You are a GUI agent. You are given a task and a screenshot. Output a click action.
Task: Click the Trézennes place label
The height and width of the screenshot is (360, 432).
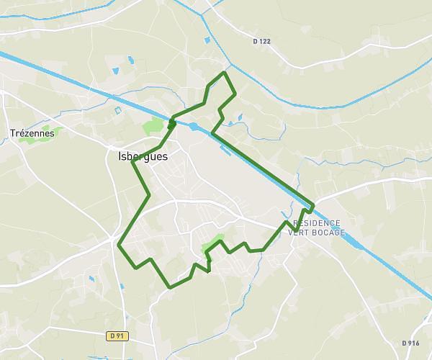pyautogui.click(x=32, y=132)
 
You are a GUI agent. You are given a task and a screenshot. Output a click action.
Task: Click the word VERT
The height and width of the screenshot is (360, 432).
pyautogui.click(x=299, y=233)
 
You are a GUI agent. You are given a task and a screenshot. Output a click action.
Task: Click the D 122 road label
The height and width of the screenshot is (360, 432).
pyautogui.click(x=262, y=41)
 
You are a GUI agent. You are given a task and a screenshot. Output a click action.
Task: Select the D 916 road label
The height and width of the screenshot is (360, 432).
pyautogui.click(x=410, y=343)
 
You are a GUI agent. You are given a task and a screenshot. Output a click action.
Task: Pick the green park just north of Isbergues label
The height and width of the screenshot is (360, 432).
pyautogui.click(x=153, y=127)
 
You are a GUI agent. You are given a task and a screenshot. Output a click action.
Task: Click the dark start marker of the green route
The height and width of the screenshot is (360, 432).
pyautogui.click(x=171, y=124)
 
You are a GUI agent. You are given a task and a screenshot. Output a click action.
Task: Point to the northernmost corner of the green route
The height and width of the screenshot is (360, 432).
pyautogui.click(x=225, y=73)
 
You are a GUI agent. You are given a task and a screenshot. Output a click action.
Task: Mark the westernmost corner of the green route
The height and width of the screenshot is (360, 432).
pyautogui.click(x=118, y=245)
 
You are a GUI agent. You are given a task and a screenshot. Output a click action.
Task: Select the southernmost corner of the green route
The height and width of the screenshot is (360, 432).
pyautogui.click(x=170, y=287)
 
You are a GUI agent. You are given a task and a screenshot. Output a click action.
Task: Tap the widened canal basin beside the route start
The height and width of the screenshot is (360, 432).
pyautogui.click(x=194, y=127)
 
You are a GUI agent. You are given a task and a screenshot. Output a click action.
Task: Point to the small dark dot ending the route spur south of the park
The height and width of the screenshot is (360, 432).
pyautogui.click(x=207, y=271)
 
